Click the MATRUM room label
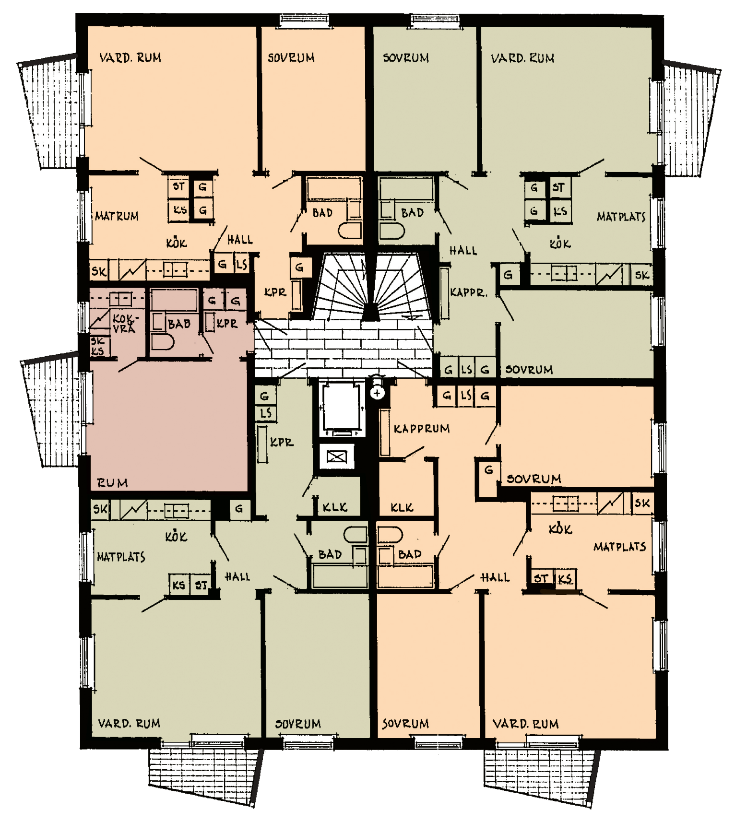[117, 216]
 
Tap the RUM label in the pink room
[112, 483]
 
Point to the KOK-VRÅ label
[125, 324]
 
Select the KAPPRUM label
[421, 429]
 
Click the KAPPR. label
[468, 292]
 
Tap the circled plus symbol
[377, 393]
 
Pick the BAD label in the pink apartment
[179, 324]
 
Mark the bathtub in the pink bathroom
[174, 300]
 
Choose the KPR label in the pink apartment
[227, 324]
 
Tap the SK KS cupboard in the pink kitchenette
[99, 346]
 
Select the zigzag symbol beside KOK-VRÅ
[100, 319]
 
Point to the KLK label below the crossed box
[335, 507]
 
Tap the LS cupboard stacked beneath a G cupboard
[266, 413]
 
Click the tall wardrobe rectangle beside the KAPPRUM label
[384, 433]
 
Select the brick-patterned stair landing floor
[343, 349]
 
